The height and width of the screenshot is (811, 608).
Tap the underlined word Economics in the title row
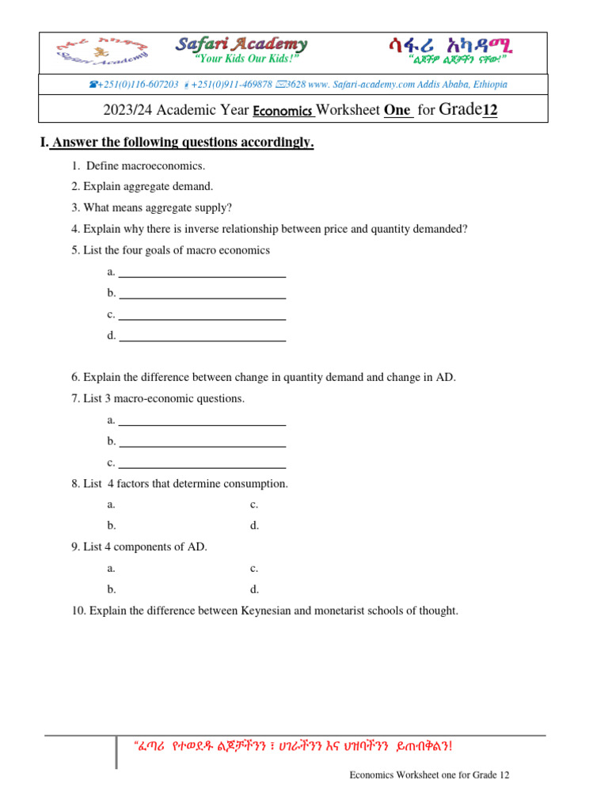[x=283, y=111]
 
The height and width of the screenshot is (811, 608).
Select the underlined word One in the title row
[x=398, y=111]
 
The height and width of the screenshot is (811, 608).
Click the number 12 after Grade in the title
[x=490, y=110]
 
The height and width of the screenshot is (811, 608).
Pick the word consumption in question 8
[x=256, y=483]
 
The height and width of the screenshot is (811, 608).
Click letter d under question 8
[x=255, y=526]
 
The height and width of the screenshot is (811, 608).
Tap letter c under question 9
[x=254, y=568]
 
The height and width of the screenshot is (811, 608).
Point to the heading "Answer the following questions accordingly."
[x=183, y=143]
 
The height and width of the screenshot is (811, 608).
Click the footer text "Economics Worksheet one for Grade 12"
[x=429, y=775]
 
